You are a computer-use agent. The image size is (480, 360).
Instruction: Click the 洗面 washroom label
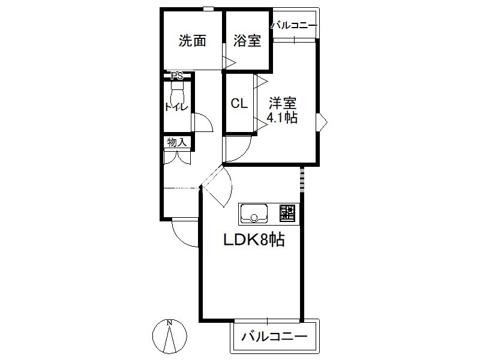pos(192,41)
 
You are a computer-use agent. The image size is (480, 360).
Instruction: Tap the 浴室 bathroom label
pos(247,41)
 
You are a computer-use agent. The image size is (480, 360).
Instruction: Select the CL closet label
pos(239,103)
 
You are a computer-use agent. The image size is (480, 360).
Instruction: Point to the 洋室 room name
pos(283,103)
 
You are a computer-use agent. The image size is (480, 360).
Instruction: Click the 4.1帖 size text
pos(282,117)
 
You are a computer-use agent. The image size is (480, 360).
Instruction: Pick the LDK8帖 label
pos(254,239)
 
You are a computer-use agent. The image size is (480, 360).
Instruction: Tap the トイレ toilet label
pos(176,107)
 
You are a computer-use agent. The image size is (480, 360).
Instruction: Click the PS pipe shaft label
pos(177,76)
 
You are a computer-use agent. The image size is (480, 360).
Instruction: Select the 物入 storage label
pos(177,142)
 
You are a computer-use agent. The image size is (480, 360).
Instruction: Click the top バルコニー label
pos(294,25)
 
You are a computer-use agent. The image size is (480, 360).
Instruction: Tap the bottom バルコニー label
pos(274,337)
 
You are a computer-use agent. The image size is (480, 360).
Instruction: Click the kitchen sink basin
pos(254,213)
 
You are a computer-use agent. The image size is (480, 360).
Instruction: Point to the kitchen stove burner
pos(287,213)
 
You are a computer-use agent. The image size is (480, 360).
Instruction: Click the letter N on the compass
pos(169,323)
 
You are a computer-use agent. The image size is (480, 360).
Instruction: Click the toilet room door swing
pos(203,122)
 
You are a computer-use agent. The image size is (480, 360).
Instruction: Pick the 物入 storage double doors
pos(177,157)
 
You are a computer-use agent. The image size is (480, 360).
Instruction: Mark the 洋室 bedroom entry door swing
pos(238,149)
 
